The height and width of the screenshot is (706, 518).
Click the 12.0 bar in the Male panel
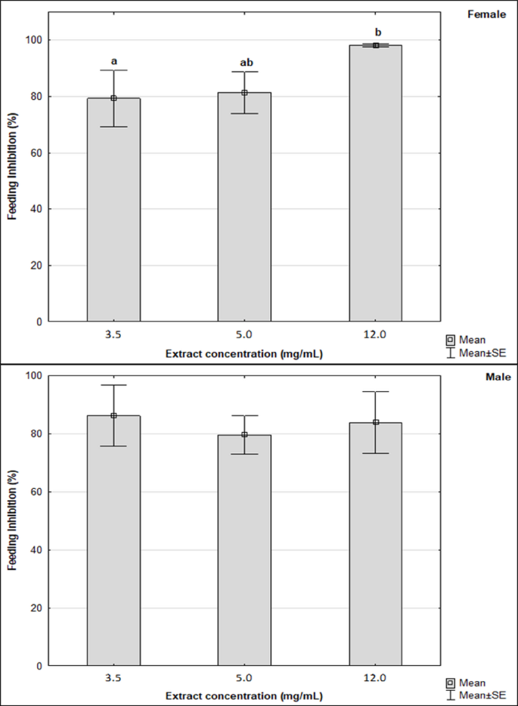tap(375, 544)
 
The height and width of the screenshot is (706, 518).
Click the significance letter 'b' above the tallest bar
tap(378, 32)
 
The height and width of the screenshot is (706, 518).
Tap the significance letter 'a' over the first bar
tap(113, 61)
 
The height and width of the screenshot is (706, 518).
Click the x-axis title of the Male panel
tap(244, 695)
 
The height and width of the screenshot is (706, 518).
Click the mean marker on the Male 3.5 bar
tap(113, 415)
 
